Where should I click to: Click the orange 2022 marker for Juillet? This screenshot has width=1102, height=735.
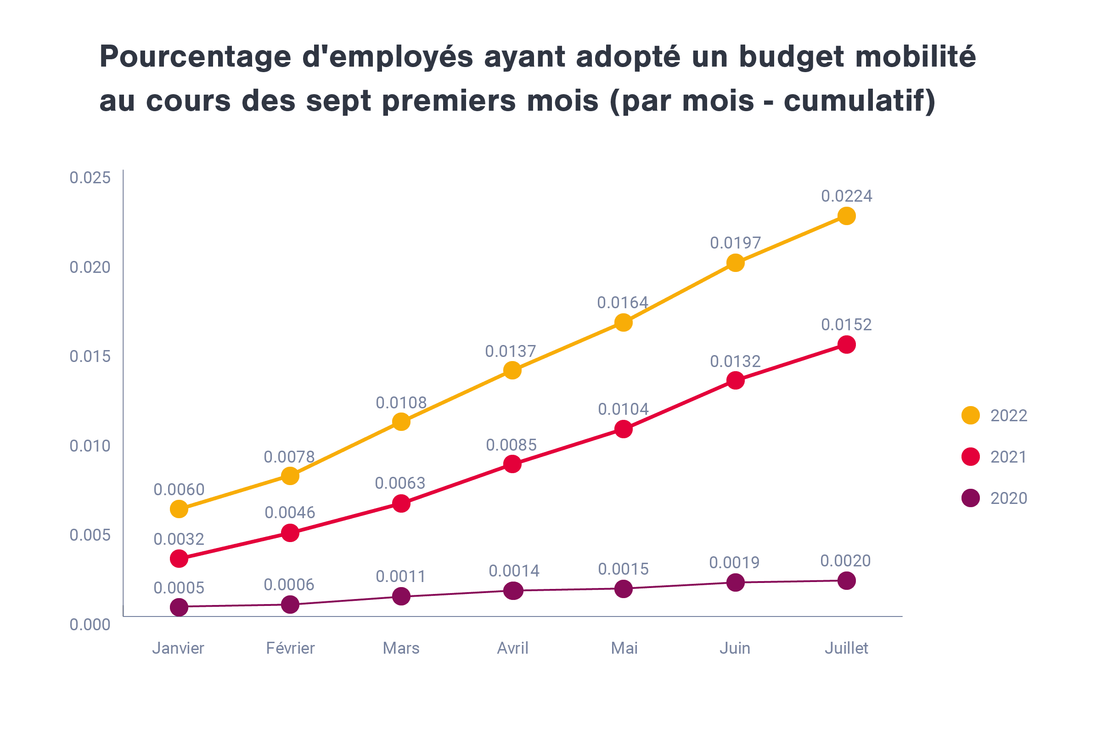[846, 216]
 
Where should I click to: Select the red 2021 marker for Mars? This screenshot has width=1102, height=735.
[401, 503]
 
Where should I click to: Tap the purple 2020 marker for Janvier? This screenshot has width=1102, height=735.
[179, 607]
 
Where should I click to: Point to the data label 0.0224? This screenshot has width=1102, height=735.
[846, 196]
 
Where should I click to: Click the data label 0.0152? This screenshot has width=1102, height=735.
[846, 325]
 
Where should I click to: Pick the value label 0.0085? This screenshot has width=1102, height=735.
[511, 445]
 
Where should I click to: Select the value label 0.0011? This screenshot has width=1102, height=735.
[400, 577]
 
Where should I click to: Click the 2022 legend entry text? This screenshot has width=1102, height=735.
[1008, 416]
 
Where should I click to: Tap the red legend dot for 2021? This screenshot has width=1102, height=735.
[970, 457]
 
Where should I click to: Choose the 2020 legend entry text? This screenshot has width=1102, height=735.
[1008, 498]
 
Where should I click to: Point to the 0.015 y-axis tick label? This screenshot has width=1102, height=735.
[90, 357]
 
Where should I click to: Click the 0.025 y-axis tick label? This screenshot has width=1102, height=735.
[90, 178]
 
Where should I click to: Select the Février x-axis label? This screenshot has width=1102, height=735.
[290, 648]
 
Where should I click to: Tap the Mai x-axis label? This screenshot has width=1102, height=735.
[624, 648]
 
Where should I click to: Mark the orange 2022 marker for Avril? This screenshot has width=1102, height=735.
[512, 370]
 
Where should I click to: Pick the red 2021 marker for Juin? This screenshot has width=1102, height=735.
[735, 380]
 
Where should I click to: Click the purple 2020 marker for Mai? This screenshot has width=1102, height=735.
[623, 589]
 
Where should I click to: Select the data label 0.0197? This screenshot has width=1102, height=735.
[735, 243]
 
